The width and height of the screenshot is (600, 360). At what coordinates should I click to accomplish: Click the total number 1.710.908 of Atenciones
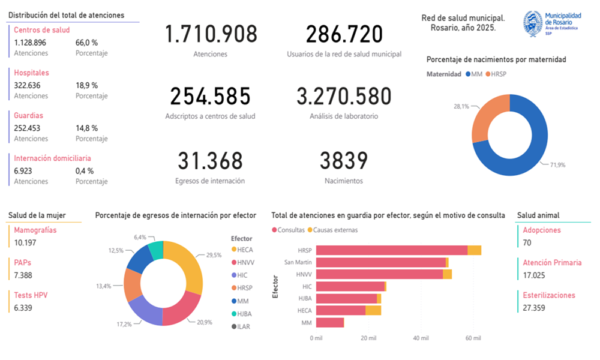coord(211,34)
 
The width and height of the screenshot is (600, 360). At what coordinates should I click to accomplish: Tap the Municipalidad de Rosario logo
coord(552,24)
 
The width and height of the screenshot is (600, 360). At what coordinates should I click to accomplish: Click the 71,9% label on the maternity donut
coord(557,165)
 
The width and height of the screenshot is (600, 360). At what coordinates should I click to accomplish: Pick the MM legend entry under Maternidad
coord(474,74)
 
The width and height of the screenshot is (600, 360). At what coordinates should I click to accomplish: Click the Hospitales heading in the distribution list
coord(31,73)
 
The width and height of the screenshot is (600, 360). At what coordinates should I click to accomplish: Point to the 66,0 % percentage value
coord(86,43)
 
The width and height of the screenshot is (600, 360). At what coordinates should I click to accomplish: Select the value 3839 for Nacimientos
coord(344,161)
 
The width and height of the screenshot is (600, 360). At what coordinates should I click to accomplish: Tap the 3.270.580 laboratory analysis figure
coord(344,96)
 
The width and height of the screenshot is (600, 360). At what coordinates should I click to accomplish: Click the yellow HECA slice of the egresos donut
coord(187,264)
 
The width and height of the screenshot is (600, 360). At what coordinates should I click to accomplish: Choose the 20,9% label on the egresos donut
coord(205,322)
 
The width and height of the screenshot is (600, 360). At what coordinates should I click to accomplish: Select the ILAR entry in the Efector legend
coord(241,327)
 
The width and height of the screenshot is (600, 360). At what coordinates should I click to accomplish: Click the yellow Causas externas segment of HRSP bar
coord(474,250)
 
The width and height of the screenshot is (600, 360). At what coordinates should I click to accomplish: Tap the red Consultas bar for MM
coord(330,323)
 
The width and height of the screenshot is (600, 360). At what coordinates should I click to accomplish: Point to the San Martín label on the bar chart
coord(298,262)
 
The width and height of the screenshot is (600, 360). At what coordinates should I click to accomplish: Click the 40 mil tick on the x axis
coord(421,338)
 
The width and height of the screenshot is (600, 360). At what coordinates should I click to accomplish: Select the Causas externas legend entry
coord(332,230)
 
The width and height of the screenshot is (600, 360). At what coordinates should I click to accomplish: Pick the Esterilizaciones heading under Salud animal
coord(549,295)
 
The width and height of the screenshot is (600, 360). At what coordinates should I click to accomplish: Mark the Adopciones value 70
coord(527,242)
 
